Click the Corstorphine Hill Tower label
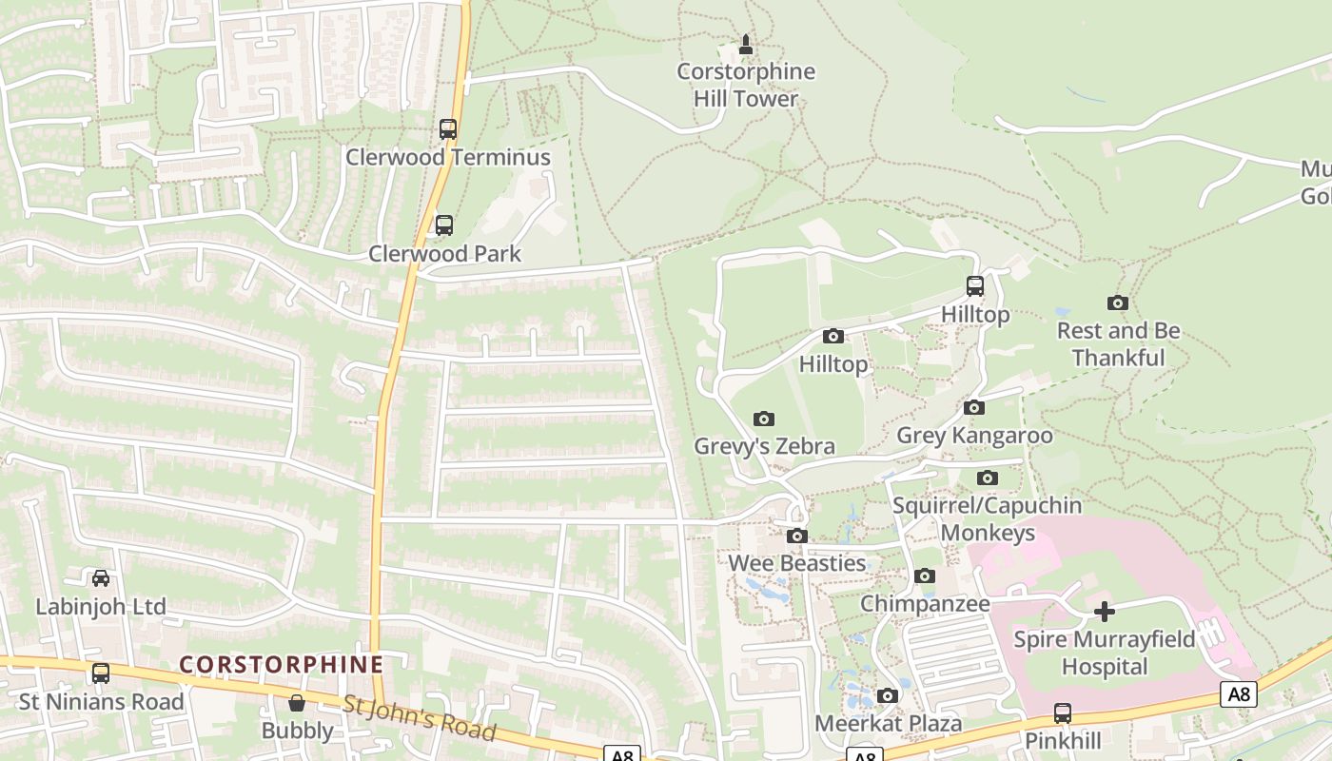tap(746, 85)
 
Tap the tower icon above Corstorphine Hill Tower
tap(746, 44)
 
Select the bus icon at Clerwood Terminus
tap(447, 129)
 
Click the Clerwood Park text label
tap(445, 254)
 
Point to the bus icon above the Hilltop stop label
tap(975, 285)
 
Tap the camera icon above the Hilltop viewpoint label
tap(833, 337)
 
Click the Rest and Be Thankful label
tap(1119, 344)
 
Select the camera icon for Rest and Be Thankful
tap(1118, 303)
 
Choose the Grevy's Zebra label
tap(764, 446)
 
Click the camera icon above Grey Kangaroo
tap(974, 408)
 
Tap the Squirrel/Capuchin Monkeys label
tap(987, 518)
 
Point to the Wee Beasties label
tap(796, 563)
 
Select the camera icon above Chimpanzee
tap(925, 576)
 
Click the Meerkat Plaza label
tap(888, 724)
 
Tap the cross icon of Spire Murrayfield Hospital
tap(1104, 611)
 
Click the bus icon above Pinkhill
tap(1063, 713)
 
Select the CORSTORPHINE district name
tap(282, 664)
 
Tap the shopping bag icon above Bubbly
tap(297, 703)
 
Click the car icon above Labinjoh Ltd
tap(101, 578)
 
